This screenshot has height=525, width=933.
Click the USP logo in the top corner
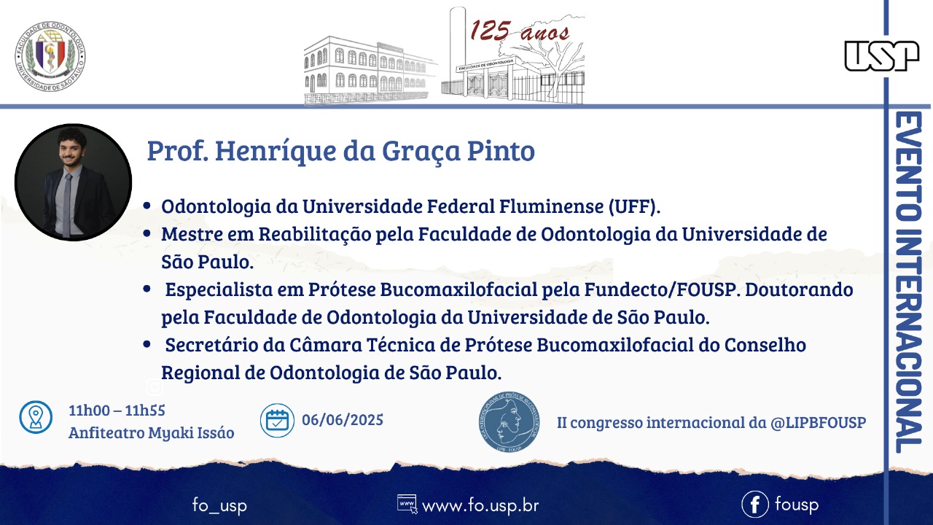pos(882,56)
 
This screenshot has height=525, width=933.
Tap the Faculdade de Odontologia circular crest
pos(50,56)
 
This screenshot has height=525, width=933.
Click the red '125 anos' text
pos(519,31)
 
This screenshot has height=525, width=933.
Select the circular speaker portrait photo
pos(74,182)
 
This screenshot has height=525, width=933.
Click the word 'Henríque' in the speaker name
pos(276,151)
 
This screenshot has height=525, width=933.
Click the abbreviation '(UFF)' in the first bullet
pos(634,206)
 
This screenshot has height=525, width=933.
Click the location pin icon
pos(36,417)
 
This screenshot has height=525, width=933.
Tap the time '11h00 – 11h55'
pos(117,411)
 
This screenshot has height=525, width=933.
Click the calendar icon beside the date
pos(277,421)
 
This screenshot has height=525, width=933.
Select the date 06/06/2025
pos(343,420)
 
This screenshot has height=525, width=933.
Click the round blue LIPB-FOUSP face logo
pos(509,421)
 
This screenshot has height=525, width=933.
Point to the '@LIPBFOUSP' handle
pos(818,422)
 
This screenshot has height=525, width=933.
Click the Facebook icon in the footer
pos(754,504)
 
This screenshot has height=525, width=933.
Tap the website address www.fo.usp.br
pos(480,506)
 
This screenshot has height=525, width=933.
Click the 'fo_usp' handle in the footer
pos(219,505)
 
